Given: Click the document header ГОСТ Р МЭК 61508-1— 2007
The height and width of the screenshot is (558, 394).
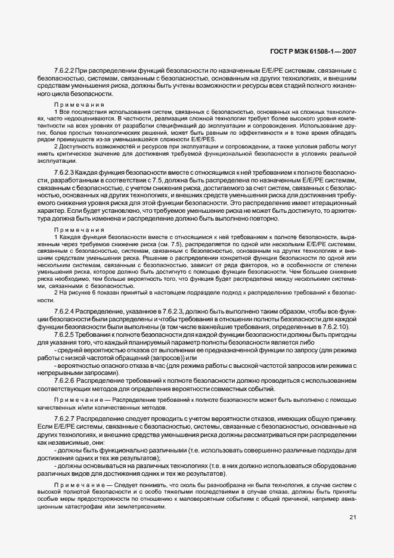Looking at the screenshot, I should point(321,52).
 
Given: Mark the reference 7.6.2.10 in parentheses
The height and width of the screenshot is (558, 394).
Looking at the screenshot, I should point(336,327).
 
